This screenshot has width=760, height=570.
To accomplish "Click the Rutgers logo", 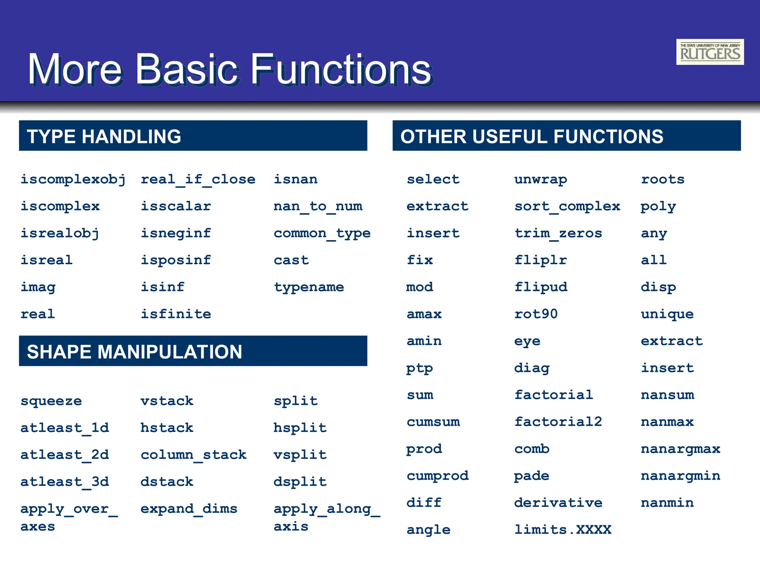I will [710, 52].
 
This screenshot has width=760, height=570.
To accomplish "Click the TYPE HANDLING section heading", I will [104, 136].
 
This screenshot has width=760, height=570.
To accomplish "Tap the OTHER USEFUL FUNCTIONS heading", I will [531, 136].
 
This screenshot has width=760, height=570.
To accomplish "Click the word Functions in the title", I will [341, 69].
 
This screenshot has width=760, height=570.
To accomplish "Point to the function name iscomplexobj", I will [73, 180].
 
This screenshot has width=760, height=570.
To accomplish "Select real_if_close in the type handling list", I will [198, 180].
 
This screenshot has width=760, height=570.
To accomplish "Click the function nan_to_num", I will [318, 206].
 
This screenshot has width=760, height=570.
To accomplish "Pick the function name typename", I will [309, 287].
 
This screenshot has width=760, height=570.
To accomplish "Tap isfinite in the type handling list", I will [176, 314].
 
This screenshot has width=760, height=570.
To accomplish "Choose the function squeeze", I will [51, 401].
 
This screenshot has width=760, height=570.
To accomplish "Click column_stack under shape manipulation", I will [193, 455].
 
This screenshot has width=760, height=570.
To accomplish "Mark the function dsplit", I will [300, 482].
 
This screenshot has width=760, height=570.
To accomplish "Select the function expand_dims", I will [189, 509].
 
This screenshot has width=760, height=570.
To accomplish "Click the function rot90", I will [536, 314].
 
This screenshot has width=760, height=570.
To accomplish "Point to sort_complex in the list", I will [567, 206].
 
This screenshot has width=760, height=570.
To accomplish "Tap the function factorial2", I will [558, 422].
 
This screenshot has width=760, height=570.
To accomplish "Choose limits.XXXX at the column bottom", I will [563, 530].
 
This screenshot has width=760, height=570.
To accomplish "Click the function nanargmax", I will [680, 449].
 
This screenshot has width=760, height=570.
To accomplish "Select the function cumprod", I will [438, 476].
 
